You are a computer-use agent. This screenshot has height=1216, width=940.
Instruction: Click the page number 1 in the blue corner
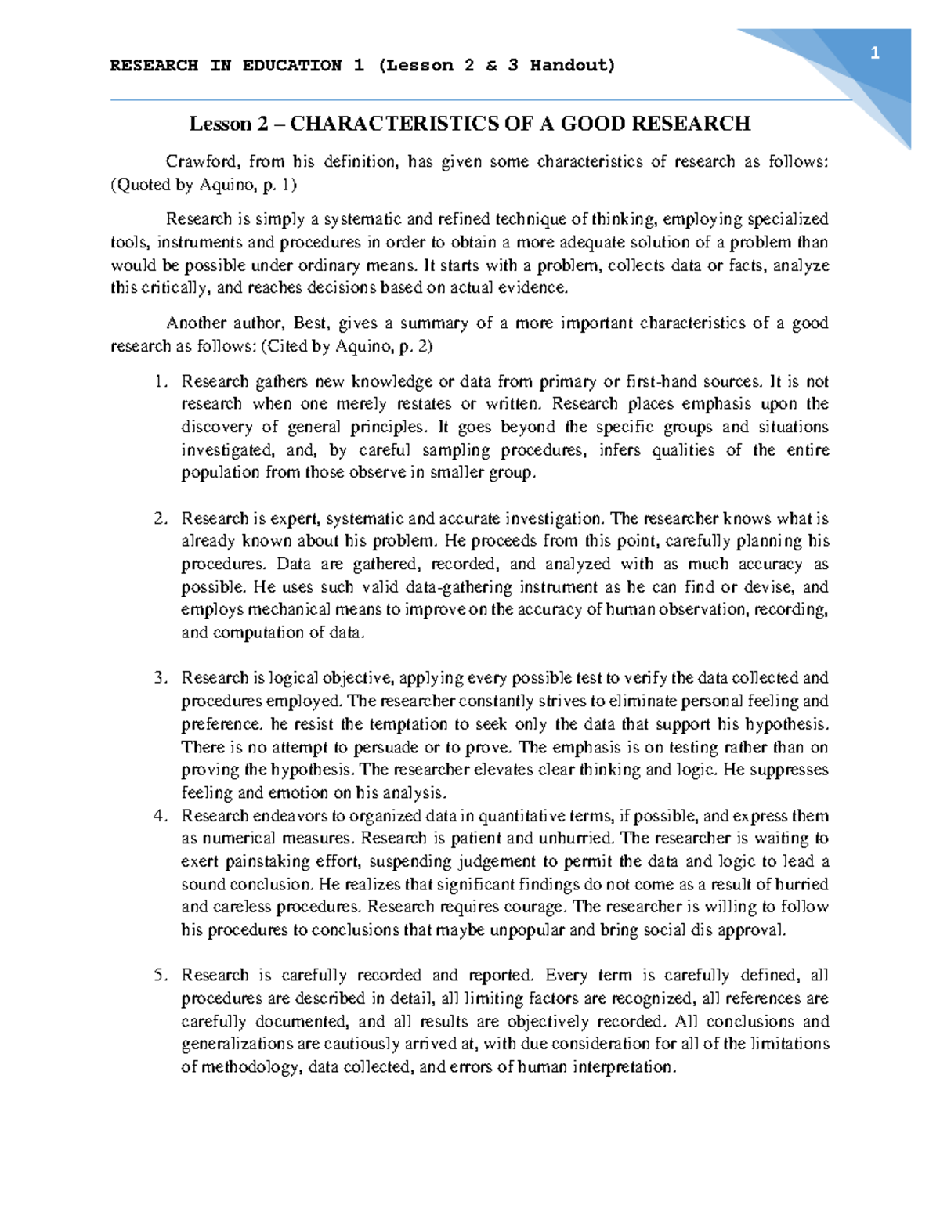875,53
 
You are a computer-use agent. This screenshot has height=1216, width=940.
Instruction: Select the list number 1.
160,382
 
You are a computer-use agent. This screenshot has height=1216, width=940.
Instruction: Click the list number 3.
160,678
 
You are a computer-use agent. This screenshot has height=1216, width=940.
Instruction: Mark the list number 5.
160,976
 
